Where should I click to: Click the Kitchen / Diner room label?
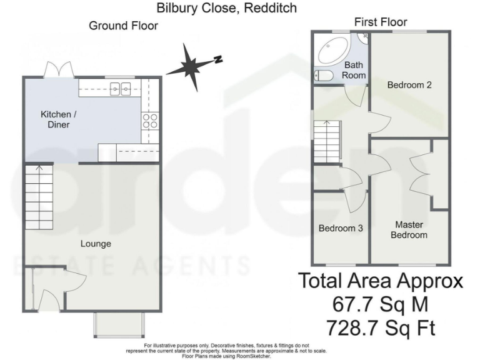point(55,119)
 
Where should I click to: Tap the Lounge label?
point(96,243)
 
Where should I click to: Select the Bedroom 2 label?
point(409,85)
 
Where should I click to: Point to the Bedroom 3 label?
point(341,228)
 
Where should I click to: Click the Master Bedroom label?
point(409,229)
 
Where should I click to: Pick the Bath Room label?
point(354,69)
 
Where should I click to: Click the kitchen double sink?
point(121,89)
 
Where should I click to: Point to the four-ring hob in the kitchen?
point(150,120)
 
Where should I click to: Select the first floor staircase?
point(326,141)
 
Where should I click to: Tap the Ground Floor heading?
point(123,26)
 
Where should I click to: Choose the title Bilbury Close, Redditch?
point(227,8)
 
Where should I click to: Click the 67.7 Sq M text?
point(381,305)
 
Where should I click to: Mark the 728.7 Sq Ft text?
point(381,327)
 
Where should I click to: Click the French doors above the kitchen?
point(59,69)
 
